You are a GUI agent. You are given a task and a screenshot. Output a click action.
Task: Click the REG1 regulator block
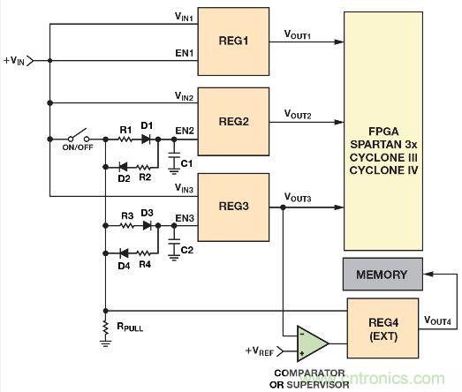click(x=233, y=43)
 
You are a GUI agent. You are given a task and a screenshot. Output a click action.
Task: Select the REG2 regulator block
click(x=233, y=119)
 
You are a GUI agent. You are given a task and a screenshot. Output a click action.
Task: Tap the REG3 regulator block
click(x=233, y=207)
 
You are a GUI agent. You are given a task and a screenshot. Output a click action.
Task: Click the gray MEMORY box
click(x=382, y=275)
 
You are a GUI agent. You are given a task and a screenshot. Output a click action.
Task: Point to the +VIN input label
click(x=14, y=60)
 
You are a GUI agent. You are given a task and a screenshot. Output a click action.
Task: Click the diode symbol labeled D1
click(x=148, y=139)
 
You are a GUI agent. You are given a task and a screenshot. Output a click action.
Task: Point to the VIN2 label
click(x=185, y=96)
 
